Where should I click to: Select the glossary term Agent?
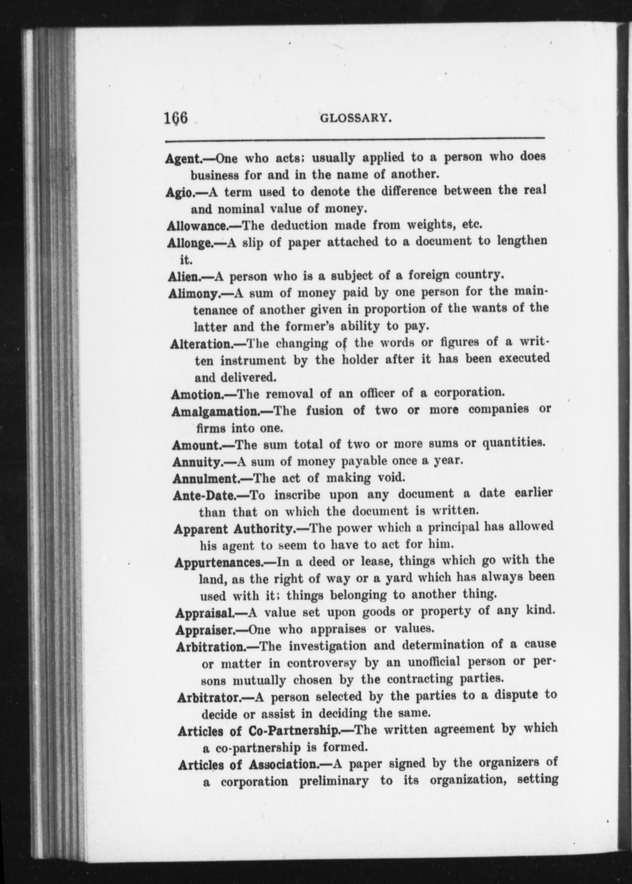(x=183, y=159)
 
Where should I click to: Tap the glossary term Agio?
(x=179, y=192)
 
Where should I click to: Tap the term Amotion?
(x=196, y=394)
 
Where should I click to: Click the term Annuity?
(x=196, y=462)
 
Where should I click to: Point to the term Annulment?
(x=206, y=478)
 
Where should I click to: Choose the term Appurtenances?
(x=218, y=562)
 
